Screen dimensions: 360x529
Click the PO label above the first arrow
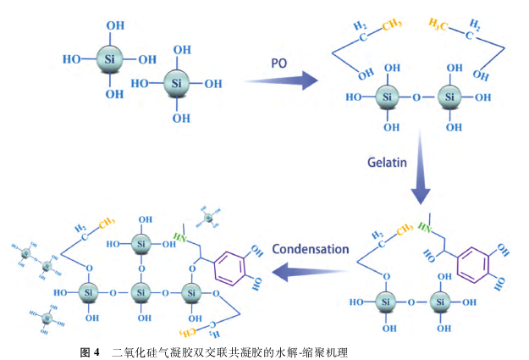[279, 64]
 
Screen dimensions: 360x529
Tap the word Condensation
[310, 249]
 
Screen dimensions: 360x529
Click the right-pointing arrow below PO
[280, 81]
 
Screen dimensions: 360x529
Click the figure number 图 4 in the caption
[90, 350]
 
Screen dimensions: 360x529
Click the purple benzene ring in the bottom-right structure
[474, 263]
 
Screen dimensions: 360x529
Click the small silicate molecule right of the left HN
[209, 219]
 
